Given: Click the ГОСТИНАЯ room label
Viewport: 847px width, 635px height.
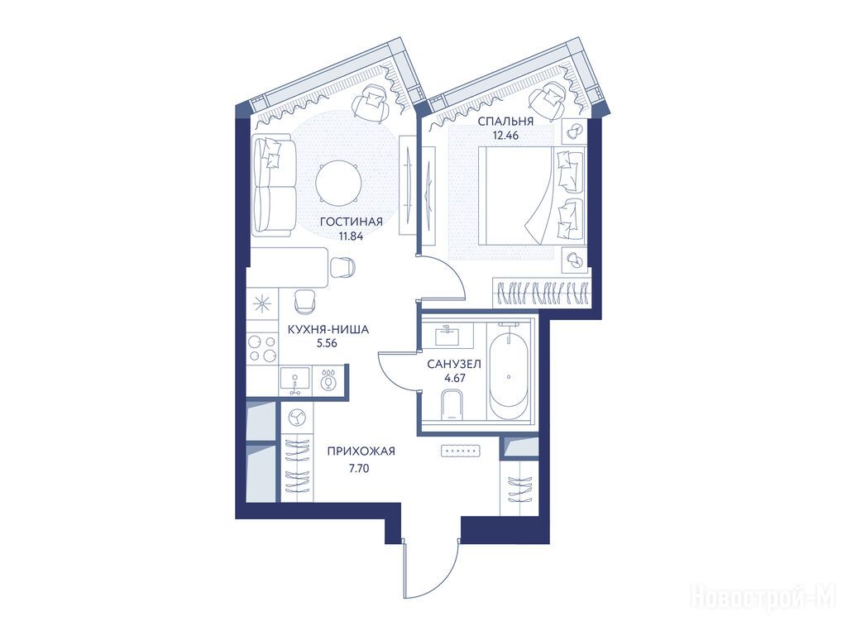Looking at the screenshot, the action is point(351,222).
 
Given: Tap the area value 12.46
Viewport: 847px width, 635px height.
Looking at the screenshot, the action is point(505,136).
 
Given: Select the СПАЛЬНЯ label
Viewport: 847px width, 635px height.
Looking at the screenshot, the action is point(505,122).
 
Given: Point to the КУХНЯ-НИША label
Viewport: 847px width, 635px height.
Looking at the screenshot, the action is point(328,329).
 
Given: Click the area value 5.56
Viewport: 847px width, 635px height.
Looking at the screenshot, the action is point(328,343).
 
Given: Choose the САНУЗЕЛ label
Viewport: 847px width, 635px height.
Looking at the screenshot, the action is point(454,365).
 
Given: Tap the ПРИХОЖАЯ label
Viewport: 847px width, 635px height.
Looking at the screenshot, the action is point(361,451).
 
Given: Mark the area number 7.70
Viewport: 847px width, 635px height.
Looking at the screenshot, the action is point(359,469).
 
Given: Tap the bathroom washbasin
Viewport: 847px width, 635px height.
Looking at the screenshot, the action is point(447,336).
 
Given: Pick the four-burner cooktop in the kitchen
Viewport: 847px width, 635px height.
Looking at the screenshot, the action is point(262,348).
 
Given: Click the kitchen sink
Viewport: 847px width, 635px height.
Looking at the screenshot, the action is point(295,379).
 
